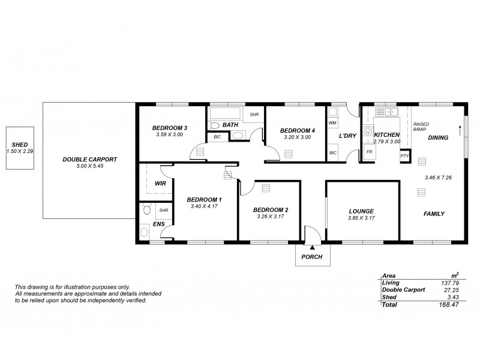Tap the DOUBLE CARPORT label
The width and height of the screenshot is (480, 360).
[89, 159]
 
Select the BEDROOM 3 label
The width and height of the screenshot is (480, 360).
[169, 128]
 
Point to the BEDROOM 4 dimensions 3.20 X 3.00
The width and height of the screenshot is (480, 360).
[297, 137]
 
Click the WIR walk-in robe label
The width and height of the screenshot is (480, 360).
[160, 183]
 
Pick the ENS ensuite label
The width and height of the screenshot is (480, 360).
[159, 224]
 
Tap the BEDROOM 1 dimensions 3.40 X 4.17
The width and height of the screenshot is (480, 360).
[203, 206]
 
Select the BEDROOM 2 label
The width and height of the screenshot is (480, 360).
[271, 209]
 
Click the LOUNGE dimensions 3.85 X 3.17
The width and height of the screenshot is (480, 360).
[361, 218]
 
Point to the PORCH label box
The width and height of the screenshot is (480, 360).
[312, 257]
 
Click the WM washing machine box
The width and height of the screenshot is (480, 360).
[332, 123]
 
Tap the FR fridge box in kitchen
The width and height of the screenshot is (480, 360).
[370, 152]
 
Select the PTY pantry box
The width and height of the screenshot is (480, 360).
[404, 156]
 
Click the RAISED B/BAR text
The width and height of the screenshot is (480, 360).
[421, 125]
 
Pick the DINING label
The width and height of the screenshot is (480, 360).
[438, 137]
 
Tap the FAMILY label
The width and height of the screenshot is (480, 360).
[434, 214]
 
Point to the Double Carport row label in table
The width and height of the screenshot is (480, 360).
[403, 289]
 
